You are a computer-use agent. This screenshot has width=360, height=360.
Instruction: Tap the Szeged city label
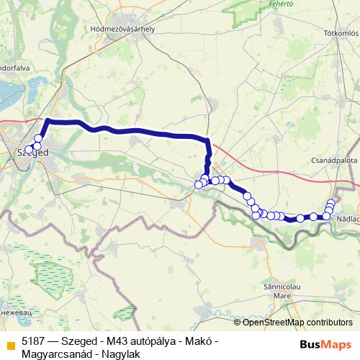(x=32, y=153)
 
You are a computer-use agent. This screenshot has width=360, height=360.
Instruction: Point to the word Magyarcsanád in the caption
(x=55, y=354)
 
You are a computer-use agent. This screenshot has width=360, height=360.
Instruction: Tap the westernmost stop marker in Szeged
(x=29, y=150)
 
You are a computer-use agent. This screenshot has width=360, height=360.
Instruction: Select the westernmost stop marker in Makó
(x=199, y=185)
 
